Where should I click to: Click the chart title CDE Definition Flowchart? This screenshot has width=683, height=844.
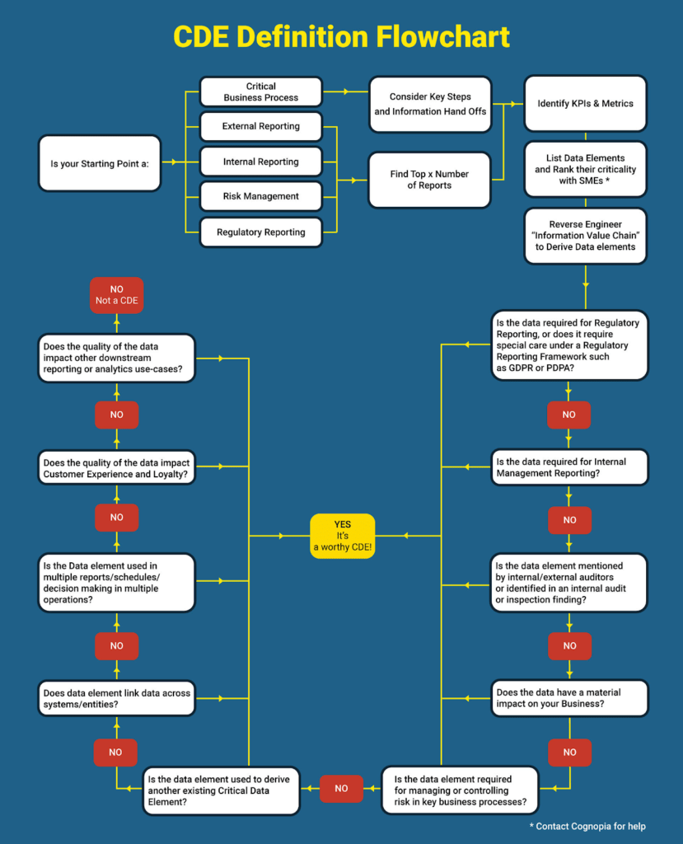click(x=341, y=37)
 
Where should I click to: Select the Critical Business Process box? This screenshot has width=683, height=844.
click(x=260, y=91)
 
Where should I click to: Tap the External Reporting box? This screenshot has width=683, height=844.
click(x=260, y=127)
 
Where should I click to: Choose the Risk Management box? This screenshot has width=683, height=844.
click(x=260, y=197)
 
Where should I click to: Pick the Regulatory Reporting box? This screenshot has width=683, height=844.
click(x=260, y=232)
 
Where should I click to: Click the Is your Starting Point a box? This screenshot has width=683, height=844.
click(x=99, y=163)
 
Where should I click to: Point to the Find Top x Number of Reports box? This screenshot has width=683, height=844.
click(x=429, y=180)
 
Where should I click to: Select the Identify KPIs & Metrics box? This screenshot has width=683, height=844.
click(x=585, y=104)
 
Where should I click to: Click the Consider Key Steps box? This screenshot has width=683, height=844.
click(x=429, y=104)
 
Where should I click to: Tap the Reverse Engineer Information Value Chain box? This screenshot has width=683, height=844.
click(x=585, y=236)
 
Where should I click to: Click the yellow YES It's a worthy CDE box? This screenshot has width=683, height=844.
click(x=342, y=536)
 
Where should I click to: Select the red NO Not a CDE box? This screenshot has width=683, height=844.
click(x=116, y=295)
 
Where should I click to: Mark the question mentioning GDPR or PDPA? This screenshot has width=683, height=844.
click(x=568, y=345)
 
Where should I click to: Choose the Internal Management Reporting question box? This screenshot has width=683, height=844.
click(x=568, y=467)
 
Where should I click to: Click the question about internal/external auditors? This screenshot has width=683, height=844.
click(x=568, y=583)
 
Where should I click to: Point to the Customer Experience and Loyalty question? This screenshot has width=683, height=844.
click(x=117, y=467)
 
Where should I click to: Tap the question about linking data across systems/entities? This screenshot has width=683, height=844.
click(x=117, y=698)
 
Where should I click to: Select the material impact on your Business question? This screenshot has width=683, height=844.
click(x=568, y=698)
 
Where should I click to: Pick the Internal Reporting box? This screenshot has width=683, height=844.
click(x=260, y=162)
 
